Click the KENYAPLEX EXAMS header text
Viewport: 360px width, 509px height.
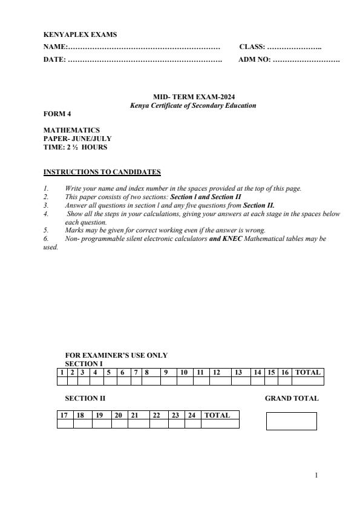point(80,35)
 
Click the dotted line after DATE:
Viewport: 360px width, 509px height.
point(145,60)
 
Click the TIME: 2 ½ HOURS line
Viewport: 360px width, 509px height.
point(76,147)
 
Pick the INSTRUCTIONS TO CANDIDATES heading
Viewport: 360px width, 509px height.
point(102,172)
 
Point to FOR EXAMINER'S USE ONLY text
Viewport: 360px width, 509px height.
point(116,356)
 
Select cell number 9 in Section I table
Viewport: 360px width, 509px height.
point(165,372)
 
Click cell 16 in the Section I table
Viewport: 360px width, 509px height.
point(284,372)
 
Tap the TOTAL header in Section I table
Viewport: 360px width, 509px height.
point(307,372)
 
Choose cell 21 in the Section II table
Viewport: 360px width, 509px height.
point(136,415)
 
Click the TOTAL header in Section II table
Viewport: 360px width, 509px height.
point(217,415)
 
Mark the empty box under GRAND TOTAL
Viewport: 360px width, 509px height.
point(291,421)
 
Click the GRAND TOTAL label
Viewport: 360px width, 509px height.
point(292,398)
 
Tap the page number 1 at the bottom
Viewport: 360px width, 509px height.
point(316,475)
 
